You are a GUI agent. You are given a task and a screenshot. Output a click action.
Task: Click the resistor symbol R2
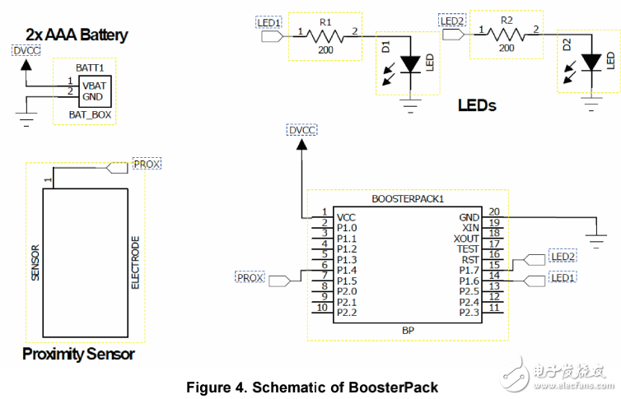pos(507,35)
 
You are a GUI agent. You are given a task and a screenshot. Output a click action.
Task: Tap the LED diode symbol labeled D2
pos(590,63)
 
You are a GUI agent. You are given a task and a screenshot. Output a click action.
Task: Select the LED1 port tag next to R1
pos(269,22)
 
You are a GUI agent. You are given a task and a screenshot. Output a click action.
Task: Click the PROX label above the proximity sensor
pos(147,164)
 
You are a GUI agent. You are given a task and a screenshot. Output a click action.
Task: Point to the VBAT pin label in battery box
pos(92,86)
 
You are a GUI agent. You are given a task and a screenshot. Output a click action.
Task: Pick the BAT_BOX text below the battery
pos(90,114)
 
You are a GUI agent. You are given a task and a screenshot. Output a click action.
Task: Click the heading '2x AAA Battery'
pos(77,35)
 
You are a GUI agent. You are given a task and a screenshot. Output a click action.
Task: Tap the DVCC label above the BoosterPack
pos(301,130)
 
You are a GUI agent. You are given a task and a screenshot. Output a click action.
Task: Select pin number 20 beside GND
pos(494,212)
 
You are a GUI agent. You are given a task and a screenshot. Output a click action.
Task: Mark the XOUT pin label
pos(466,238)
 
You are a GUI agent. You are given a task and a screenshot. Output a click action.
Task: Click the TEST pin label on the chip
pos(467,248)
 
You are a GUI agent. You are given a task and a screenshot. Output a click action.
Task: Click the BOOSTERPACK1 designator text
pos(407,199)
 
